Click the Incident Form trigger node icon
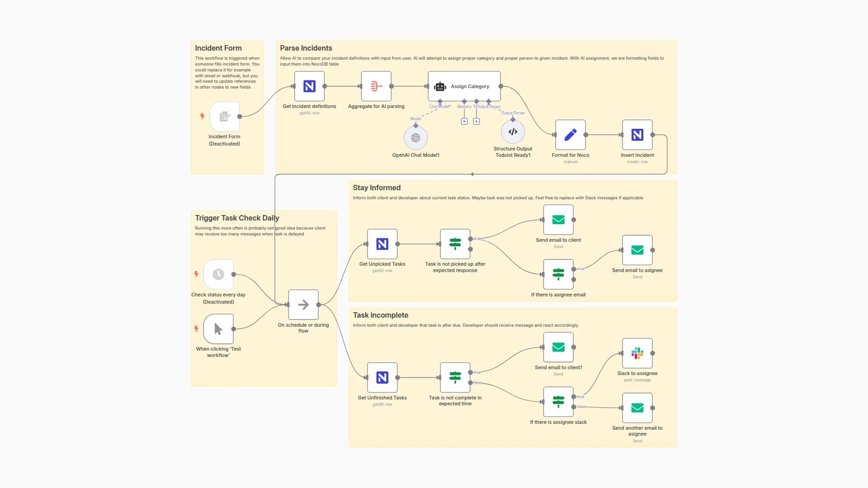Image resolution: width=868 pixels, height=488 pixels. pos(224,117)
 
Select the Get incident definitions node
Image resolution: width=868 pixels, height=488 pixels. pos(309,86)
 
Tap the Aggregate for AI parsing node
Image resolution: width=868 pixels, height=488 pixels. pos(376,86)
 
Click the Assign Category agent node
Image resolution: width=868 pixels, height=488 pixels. pos(464,86)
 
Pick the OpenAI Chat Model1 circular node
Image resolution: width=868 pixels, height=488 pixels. pos(415,138)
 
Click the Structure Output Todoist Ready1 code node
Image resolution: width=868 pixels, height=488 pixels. pos(513,132)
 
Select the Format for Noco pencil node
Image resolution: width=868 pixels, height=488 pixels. pos(570,135)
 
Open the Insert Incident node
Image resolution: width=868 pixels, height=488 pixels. pos(637,135)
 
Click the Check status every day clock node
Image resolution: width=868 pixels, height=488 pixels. pos(218,274)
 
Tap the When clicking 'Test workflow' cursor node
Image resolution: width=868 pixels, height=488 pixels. pos(218,329)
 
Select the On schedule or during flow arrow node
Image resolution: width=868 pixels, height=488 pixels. pos(303,305)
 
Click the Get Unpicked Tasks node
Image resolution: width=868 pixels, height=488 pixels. pos(382,244)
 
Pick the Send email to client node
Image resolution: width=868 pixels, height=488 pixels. pos(558,220)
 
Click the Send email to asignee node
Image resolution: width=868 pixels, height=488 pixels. pos(637,250)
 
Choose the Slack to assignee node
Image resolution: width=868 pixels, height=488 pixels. pos(637,353)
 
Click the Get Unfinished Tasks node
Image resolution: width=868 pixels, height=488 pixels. pos(382,378)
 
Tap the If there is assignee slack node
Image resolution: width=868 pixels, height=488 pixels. pos(558,402)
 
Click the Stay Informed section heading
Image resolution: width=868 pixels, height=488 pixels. pos(377,188)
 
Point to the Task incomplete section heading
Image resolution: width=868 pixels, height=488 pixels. pos(380,315)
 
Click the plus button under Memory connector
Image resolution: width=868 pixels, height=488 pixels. pos(464,122)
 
